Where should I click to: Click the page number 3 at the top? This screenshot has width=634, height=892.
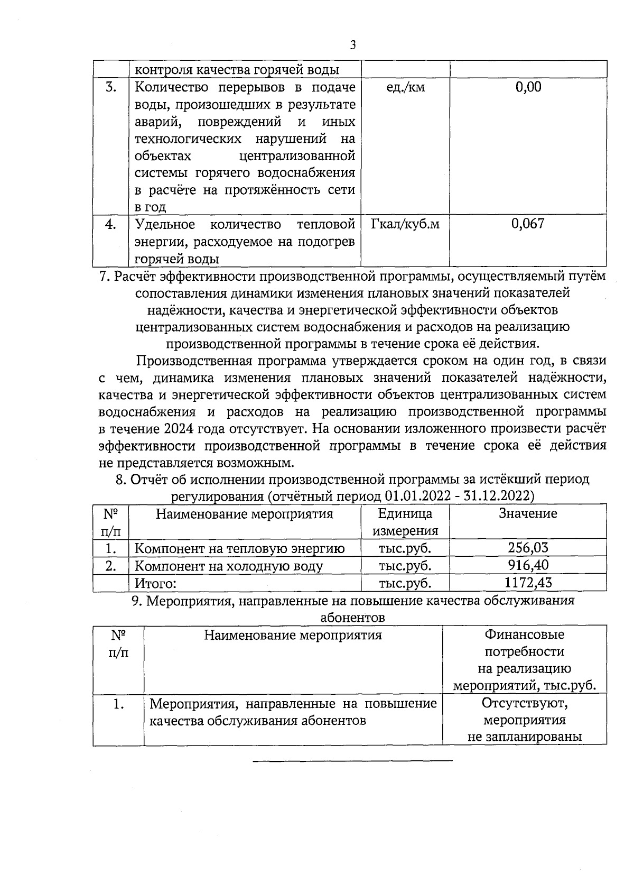[353, 45]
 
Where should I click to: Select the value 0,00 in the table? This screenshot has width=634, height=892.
[528, 87]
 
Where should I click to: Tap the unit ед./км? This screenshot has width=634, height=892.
[405, 87]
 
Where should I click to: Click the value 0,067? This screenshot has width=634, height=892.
[528, 224]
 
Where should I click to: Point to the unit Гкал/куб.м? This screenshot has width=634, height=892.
[405, 224]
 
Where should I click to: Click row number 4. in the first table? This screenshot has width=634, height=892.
[110, 224]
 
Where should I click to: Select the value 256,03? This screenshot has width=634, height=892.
[528, 548]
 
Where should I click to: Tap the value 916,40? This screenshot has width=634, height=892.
[528, 565]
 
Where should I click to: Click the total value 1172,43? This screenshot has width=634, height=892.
[528, 583]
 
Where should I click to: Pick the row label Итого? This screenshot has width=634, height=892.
[155, 583]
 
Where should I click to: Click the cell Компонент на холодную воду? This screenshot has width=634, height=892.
[228, 566]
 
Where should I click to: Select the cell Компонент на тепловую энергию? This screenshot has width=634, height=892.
[239, 548]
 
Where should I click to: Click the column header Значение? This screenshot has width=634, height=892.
[528, 513]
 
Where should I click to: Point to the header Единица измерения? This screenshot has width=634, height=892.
[405, 522]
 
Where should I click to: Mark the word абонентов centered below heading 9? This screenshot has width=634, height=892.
[352, 618]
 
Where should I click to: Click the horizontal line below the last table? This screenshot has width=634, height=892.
[352, 761]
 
